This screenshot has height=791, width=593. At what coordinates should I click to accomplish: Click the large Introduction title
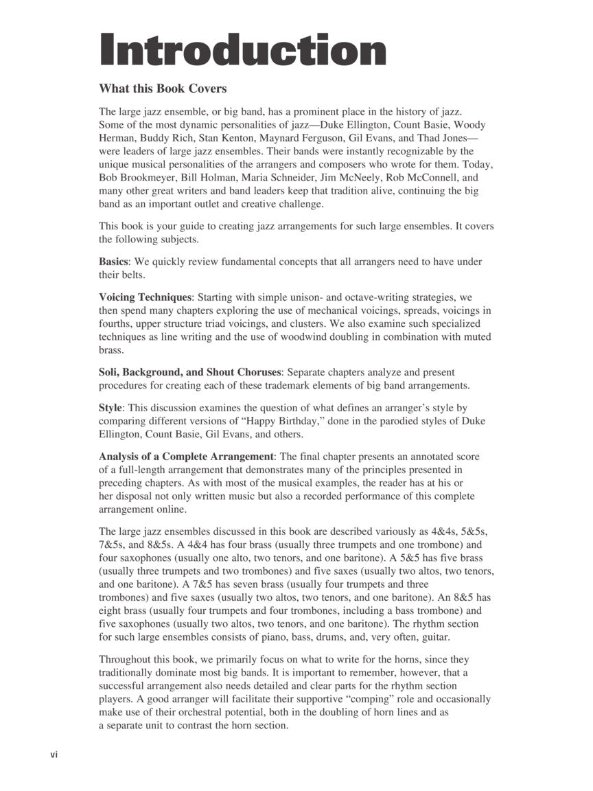243,50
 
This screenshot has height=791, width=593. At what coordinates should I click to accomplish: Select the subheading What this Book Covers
163,89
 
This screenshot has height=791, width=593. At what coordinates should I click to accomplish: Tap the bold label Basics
114,262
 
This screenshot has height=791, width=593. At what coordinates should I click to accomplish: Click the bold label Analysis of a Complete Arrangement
187,457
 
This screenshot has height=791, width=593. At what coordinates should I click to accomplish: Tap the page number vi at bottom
54,755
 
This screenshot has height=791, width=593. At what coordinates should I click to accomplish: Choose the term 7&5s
113,544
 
